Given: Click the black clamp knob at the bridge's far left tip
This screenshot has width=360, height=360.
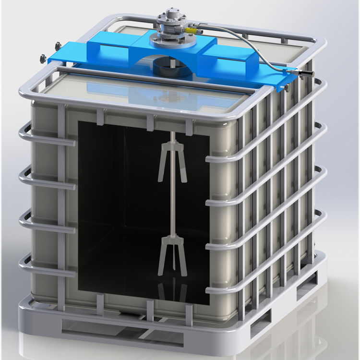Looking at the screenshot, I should point(42,58).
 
